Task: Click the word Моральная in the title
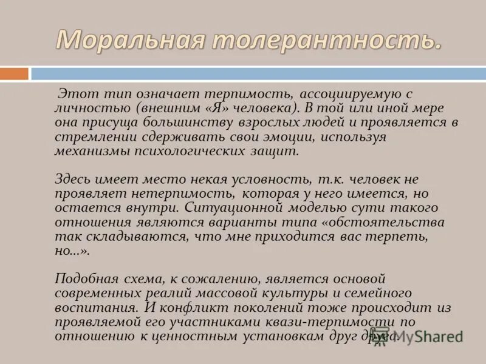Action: point(128,40)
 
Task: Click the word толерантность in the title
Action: point(319,40)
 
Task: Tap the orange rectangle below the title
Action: point(14,74)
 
